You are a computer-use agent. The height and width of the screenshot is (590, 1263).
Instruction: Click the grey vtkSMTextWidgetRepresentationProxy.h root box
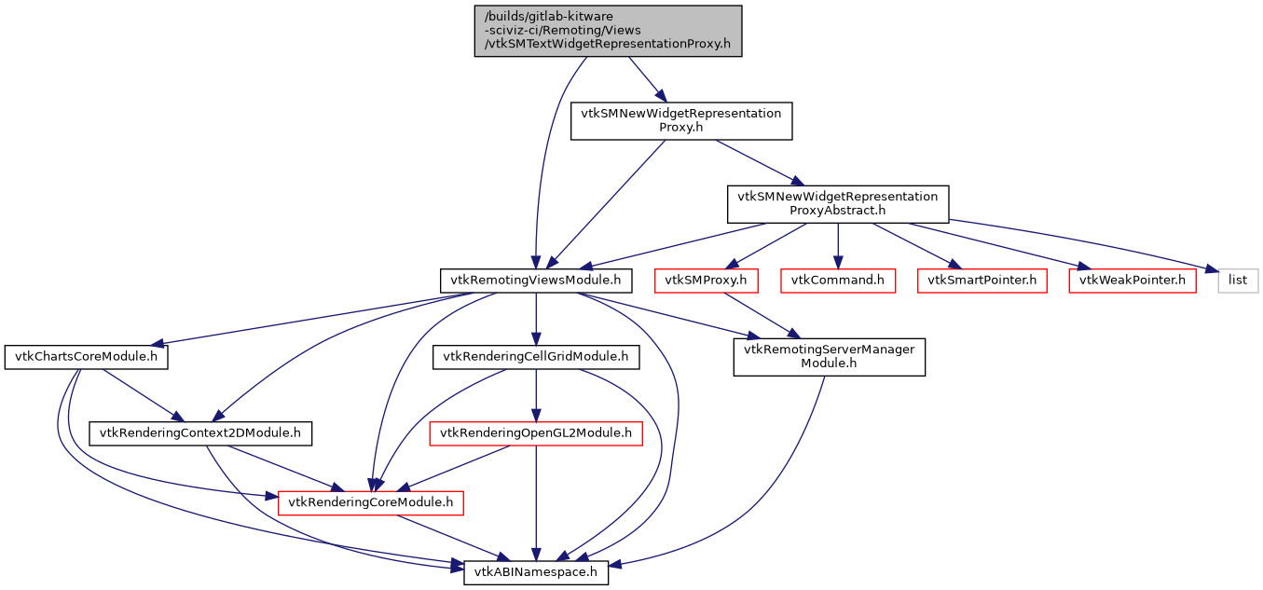point(608,31)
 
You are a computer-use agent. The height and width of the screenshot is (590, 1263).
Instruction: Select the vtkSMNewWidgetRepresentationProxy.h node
point(681,121)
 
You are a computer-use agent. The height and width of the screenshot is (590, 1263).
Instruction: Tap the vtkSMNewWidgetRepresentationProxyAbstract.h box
point(838,203)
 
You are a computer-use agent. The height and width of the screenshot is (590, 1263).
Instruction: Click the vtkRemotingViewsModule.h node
point(536,280)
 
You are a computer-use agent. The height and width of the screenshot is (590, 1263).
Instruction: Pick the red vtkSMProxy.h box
point(707,280)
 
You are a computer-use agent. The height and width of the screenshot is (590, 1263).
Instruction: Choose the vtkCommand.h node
point(838,280)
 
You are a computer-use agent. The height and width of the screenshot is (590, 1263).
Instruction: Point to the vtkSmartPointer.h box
point(982,280)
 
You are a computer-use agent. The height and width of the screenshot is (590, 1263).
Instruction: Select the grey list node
point(1239,280)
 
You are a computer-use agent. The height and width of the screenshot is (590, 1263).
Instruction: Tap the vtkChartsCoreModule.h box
point(86,357)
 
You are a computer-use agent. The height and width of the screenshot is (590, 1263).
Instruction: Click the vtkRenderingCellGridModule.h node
point(535,356)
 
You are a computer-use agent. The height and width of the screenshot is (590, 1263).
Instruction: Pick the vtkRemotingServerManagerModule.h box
point(829,357)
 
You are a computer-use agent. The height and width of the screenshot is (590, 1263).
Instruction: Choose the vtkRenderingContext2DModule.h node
point(200,432)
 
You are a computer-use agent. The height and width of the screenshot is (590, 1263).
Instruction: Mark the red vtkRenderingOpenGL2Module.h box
point(535,432)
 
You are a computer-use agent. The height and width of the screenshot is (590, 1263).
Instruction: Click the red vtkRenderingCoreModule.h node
point(371,502)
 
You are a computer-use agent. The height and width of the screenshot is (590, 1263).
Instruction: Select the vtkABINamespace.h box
point(536,572)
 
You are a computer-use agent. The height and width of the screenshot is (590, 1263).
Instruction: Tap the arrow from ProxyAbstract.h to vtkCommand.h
point(838,244)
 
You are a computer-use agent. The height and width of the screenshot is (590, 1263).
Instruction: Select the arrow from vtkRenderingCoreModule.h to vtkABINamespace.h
point(453,538)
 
